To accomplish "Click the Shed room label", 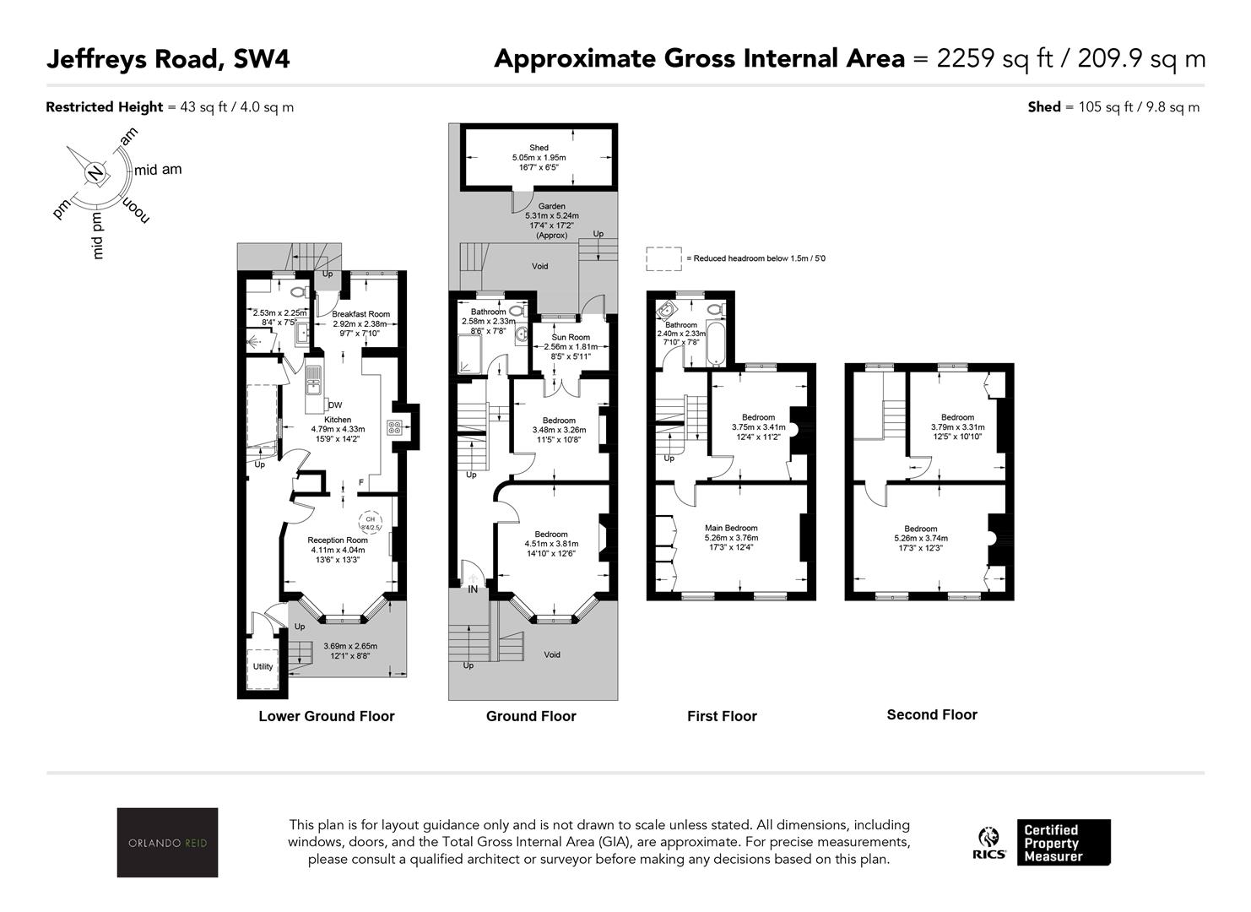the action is click(x=539, y=148).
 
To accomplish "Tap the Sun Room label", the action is click(x=571, y=337).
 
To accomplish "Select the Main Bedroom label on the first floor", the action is click(x=731, y=528).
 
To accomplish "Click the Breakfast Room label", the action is click(x=360, y=314).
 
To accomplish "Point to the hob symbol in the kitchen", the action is click(x=394, y=427).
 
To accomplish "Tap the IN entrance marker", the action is click(x=473, y=589).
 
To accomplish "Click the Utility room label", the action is click(x=263, y=666).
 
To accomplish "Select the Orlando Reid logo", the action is click(x=167, y=842).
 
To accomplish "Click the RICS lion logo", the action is click(x=989, y=843).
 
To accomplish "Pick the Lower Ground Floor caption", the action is click(x=326, y=716).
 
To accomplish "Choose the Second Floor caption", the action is click(x=932, y=714).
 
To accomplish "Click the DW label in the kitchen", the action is click(x=335, y=405).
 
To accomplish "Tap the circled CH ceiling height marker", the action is click(x=371, y=523).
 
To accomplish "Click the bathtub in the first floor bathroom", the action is click(x=716, y=343).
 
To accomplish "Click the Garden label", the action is click(x=552, y=206).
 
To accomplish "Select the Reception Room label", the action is click(x=338, y=540).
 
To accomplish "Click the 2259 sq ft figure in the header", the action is click(x=994, y=58).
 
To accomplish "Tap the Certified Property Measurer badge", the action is click(x=1064, y=843).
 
